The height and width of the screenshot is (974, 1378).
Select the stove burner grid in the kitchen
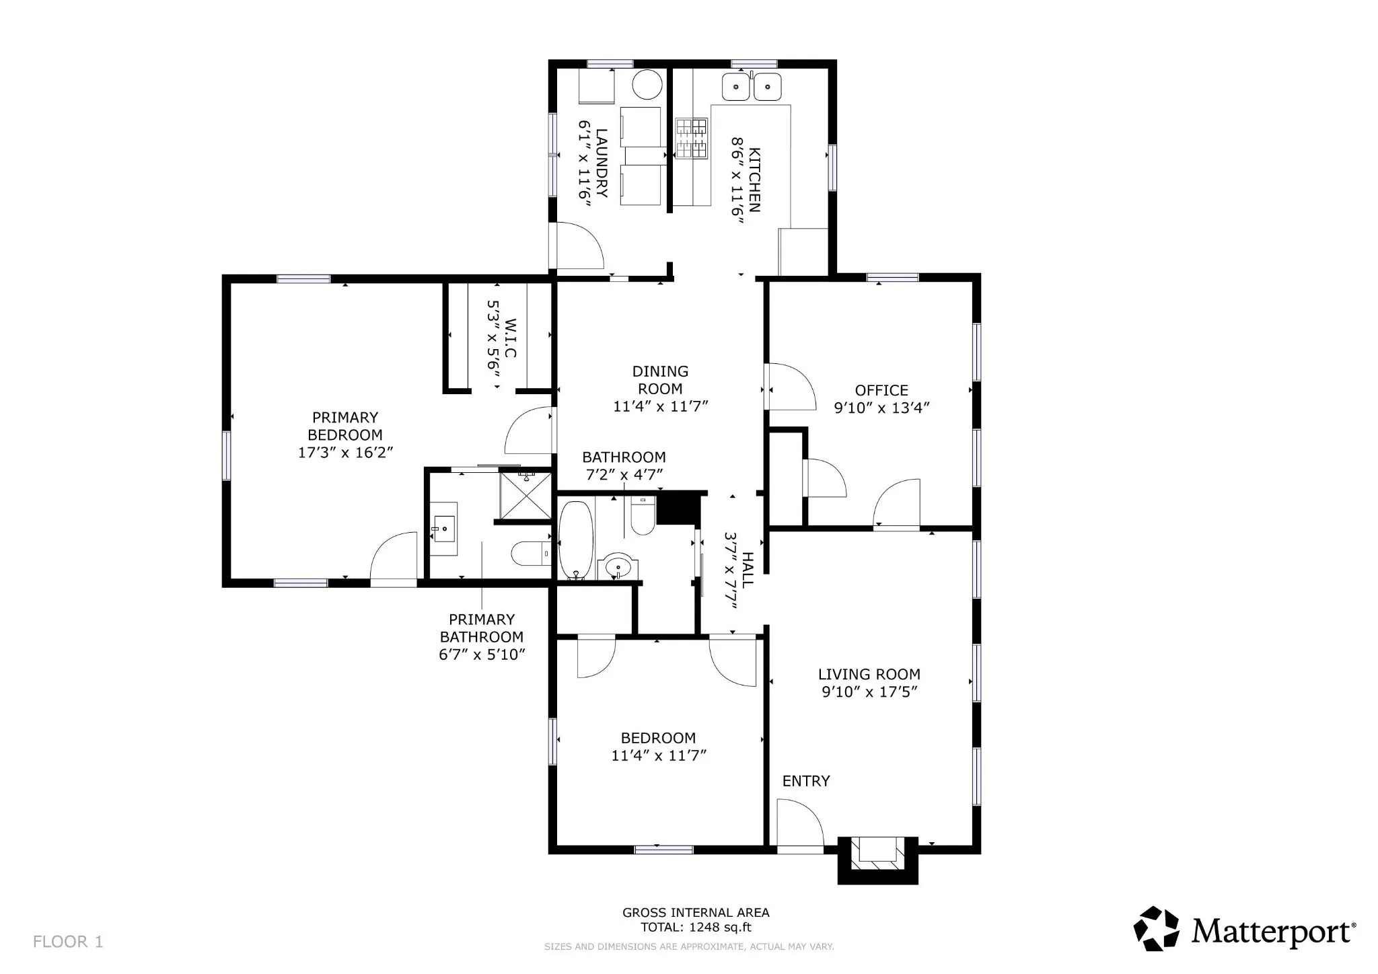click(x=692, y=139)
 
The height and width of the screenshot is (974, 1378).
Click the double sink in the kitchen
click(x=752, y=87)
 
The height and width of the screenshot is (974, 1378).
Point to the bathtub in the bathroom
click(x=576, y=540)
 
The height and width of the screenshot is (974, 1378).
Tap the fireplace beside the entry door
click(x=877, y=859)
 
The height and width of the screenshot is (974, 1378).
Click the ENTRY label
click(x=806, y=781)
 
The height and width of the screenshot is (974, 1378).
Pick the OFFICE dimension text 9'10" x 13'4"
click(x=881, y=408)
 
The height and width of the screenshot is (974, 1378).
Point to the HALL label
click(x=748, y=570)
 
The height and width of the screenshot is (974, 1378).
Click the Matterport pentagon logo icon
click(x=1157, y=929)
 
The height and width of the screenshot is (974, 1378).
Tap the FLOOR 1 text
click(x=68, y=942)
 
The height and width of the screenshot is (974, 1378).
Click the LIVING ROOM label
click(x=869, y=674)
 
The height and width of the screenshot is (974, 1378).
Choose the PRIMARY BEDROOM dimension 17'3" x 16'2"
click(x=345, y=452)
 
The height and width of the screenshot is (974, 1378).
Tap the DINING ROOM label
click(x=660, y=380)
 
